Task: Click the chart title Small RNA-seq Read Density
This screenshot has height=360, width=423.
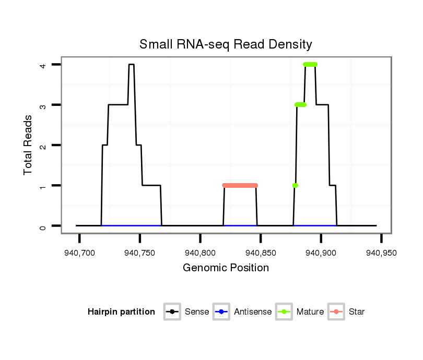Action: (x=226, y=44)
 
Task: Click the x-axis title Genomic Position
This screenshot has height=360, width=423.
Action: (x=226, y=268)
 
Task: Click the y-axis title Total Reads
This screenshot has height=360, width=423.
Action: (x=28, y=145)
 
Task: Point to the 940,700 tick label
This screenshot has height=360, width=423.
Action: (x=80, y=253)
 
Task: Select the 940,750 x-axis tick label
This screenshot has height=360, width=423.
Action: (x=140, y=253)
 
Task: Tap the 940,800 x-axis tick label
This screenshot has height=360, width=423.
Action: (x=201, y=253)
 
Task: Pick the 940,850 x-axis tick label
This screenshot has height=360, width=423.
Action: (x=261, y=253)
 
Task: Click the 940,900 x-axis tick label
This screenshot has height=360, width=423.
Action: (x=321, y=253)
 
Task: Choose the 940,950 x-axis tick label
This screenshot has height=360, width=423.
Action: (x=381, y=253)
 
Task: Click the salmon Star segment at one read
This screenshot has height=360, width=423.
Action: (x=240, y=185)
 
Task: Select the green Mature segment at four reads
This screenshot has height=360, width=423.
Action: (x=310, y=65)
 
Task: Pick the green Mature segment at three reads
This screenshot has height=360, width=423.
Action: (x=300, y=105)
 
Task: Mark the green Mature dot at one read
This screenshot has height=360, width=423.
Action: (x=295, y=185)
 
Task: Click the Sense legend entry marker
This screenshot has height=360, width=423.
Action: (x=172, y=312)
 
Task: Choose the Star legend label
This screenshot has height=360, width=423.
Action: (x=357, y=312)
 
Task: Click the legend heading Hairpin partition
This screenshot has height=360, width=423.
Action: (x=121, y=312)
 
